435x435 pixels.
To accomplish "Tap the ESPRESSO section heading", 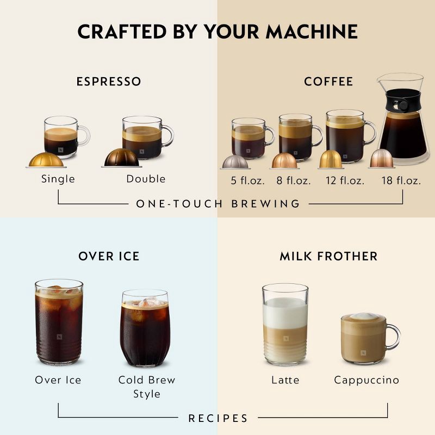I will click(x=109, y=82).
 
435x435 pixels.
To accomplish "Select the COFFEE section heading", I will click(x=328, y=82).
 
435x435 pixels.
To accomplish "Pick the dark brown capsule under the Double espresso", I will click(x=121, y=158).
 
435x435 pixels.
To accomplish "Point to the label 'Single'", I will click(x=58, y=179).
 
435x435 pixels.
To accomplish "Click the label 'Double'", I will click(x=146, y=179).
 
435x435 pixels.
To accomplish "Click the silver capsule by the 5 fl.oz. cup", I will click(x=234, y=162).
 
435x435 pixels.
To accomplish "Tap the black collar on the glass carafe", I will click(x=403, y=103).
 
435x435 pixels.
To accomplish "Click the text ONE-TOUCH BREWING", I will click(x=218, y=204).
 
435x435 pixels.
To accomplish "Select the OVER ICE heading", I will click(x=109, y=256).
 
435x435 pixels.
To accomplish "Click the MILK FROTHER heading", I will click(x=328, y=256).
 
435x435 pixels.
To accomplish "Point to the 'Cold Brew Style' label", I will click(x=147, y=387).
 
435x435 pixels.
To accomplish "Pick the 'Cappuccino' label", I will click(x=366, y=380).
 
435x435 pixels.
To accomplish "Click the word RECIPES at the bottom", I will click(x=218, y=418).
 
